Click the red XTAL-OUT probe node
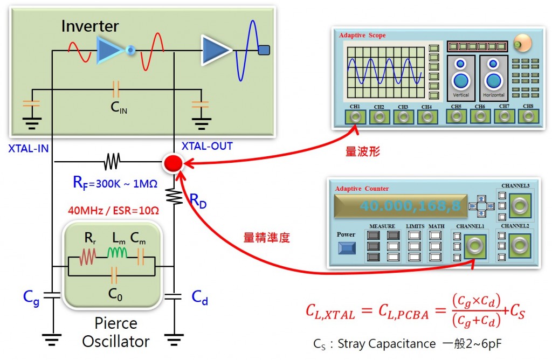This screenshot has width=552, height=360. pyautogui.click(x=174, y=162)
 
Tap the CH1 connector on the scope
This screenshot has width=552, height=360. pyautogui.click(x=355, y=117)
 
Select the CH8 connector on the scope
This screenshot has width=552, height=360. pyautogui.click(x=528, y=116)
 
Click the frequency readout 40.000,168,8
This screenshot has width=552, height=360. pyautogui.click(x=399, y=206)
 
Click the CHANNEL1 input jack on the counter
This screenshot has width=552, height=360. pyautogui.click(x=474, y=245)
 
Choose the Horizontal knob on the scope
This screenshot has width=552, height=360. pyautogui.click(x=494, y=79)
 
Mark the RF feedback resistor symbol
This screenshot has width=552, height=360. pyautogui.click(x=113, y=161)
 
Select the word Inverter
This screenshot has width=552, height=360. pyautogui.click(x=90, y=25)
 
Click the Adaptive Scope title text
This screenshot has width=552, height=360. pyautogui.click(x=362, y=35)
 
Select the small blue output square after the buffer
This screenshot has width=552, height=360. pyautogui.click(x=264, y=50)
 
